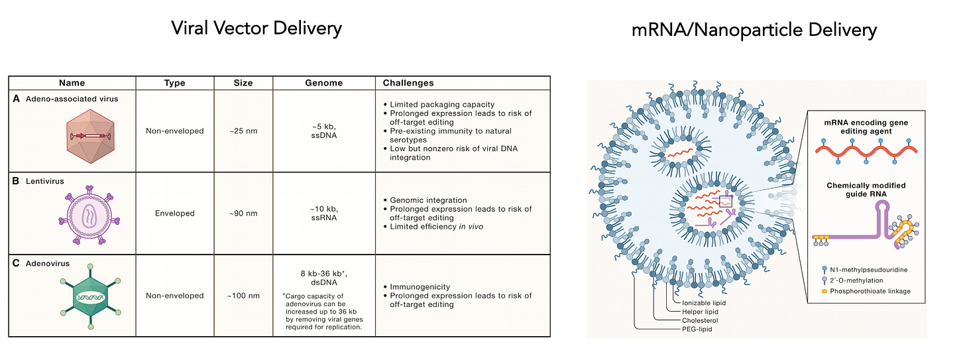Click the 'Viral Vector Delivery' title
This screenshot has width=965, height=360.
point(256,29)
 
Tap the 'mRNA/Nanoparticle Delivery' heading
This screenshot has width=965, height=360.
point(754,30)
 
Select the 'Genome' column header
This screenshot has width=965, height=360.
point(324,83)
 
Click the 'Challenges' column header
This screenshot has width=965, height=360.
point(408,83)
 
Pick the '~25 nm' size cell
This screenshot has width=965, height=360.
point(243,131)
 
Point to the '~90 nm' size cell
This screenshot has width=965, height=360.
point(243,213)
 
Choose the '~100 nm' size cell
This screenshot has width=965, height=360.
point(243,296)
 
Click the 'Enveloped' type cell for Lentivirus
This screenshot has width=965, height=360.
point(175,213)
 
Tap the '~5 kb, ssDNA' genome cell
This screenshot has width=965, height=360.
point(324,131)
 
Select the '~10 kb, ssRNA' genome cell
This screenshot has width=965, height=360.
point(324,213)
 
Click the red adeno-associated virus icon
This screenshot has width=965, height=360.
point(90,136)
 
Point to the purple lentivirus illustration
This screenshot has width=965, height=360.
point(89,215)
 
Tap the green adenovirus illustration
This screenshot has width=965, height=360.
point(90,296)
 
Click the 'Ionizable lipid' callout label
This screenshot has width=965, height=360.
point(704,303)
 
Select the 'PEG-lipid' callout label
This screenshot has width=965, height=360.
point(697,330)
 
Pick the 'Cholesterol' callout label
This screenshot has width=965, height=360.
point(700,321)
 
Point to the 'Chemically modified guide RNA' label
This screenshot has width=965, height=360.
point(866,190)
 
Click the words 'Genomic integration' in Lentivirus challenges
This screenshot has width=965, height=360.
point(428,200)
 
